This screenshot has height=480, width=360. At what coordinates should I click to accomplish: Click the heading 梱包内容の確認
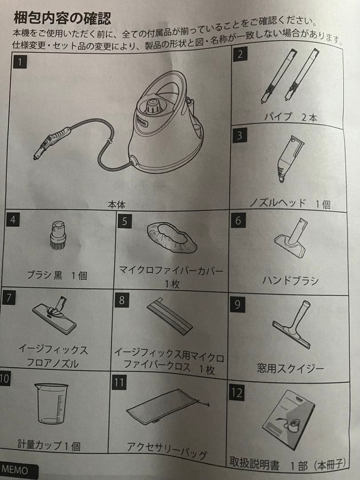pos(62,19)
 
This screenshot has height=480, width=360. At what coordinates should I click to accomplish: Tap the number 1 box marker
pos(20,61)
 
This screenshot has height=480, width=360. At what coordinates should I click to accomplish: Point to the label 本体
pos(117,205)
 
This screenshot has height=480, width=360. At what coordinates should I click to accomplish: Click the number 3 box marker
pos(240,136)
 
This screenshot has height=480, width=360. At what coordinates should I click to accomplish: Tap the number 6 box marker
pos(238,220)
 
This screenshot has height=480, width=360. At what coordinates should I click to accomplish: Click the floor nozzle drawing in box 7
pos(55,316)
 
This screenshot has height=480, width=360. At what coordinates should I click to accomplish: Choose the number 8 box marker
pos(122,300)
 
